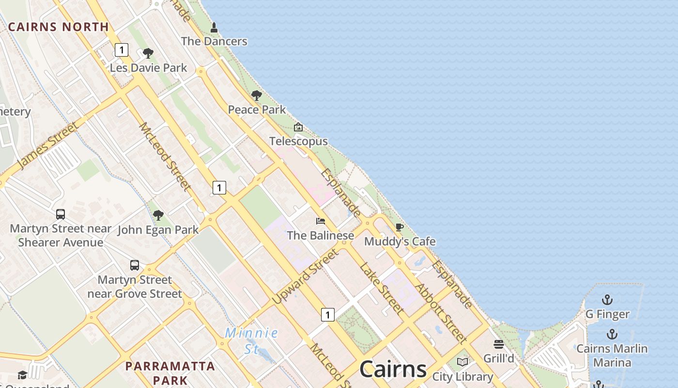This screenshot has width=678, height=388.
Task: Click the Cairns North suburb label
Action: tap(59, 27)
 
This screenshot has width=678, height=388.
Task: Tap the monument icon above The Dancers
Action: tap(214, 28)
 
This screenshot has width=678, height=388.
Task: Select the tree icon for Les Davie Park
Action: tap(148, 53)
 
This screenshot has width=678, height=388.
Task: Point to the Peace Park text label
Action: tap(257, 110)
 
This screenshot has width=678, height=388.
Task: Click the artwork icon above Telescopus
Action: tap(298, 128)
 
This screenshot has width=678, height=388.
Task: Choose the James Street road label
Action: tap(47, 146)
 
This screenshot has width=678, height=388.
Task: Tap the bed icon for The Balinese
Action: tap(321, 221)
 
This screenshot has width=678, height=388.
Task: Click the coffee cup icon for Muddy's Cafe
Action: tap(400, 227)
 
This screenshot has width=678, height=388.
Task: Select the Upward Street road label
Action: tap(305, 276)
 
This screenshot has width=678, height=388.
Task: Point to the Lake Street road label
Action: tap(381, 288)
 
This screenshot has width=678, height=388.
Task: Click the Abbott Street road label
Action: tap(441, 313)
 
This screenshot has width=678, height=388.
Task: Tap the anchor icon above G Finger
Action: tap(607, 300)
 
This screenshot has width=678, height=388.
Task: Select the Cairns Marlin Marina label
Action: tap(612, 356)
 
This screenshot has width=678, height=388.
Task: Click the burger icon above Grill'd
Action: tap(499, 344)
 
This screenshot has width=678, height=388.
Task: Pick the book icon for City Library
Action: tap(462, 362)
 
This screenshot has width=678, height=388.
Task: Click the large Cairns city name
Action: tap(393, 370)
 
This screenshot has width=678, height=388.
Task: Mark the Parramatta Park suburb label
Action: tap(170, 372)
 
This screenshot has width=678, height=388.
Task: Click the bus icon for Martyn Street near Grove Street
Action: tap(135, 265)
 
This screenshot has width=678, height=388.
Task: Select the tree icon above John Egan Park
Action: tap(158, 215)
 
